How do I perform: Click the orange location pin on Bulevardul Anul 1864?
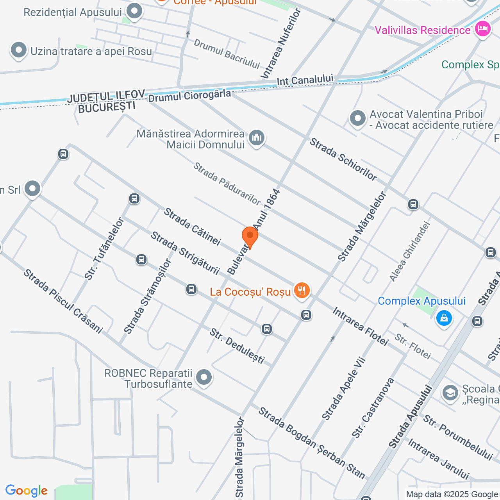pyautogui.click(x=250, y=236)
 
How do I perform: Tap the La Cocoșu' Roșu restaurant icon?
pyautogui.click(x=301, y=291)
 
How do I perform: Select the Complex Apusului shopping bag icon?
pyautogui.click(x=444, y=318)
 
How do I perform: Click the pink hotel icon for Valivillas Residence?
pyautogui.click(x=482, y=29)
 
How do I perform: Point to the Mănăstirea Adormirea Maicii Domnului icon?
pyautogui.click(x=257, y=137)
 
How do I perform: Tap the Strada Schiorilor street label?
pyautogui.click(x=343, y=159)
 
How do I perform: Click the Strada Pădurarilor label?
pyautogui.click(x=227, y=184)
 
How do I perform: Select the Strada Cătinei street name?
pyautogui.click(x=192, y=227)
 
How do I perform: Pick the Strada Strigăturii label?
pyautogui.click(x=185, y=252)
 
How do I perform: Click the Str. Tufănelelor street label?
pyautogui.click(x=104, y=249)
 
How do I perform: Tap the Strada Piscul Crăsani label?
pyautogui.click(x=63, y=301)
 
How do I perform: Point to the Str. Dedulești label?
pyautogui.click(x=237, y=346)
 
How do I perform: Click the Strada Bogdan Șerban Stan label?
pyautogui.click(x=312, y=443)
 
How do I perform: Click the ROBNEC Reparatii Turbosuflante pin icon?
pyautogui.click(x=204, y=377)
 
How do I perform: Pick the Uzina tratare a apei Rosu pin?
pyautogui.click(x=18, y=50)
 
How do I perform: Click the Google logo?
pyautogui.click(x=26, y=491)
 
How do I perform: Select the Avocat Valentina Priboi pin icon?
pyautogui.click(x=357, y=118)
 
